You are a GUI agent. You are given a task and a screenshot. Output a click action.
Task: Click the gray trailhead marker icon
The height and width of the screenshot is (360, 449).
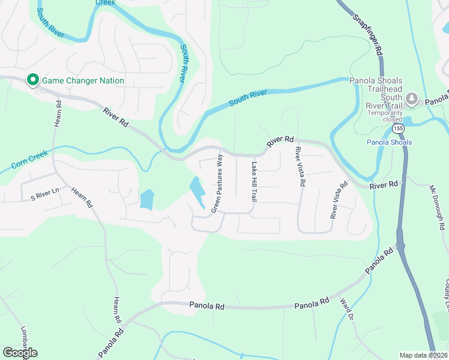[411, 98]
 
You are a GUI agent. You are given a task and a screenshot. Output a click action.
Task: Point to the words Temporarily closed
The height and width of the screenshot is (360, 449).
[384, 116]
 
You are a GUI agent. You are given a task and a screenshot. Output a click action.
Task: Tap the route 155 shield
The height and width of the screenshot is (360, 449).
[398, 128]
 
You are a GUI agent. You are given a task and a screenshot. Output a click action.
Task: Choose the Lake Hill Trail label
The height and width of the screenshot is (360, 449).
[255, 181]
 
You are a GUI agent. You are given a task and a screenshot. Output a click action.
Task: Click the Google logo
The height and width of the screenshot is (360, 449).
[20, 353]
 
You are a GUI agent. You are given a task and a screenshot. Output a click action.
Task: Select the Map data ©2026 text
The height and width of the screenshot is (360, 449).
[423, 355]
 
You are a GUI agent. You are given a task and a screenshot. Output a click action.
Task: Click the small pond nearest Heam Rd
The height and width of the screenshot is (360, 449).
[146, 199]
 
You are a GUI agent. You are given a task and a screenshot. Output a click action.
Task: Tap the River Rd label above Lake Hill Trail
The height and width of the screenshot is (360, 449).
[280, 140]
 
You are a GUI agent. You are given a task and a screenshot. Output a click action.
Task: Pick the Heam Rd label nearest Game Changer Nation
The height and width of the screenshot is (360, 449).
[58, 112]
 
